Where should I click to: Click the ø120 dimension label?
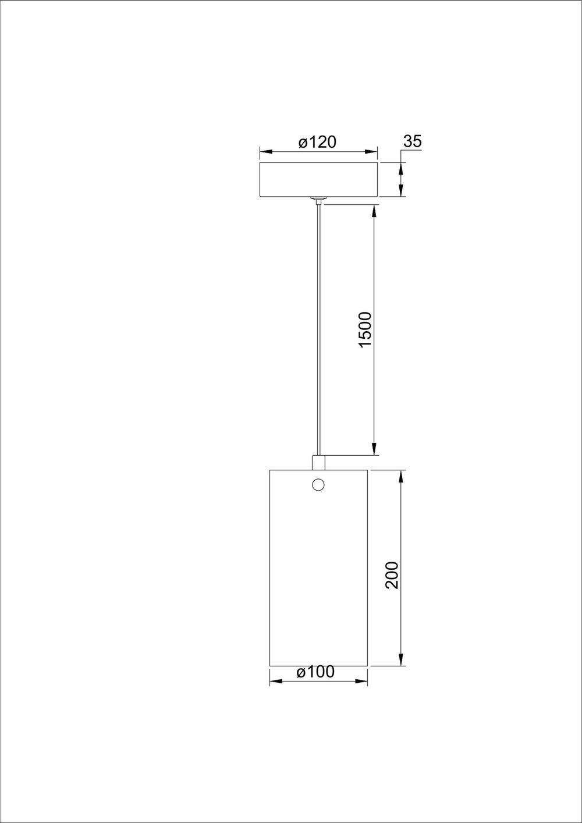pyautogui.click(x=317, y=142)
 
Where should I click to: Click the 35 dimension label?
pyautogui.click(x=412, y=141)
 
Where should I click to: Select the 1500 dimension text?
pyautogui.click(x=365, y=330)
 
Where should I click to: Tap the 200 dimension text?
pyautogui.click(x=393, y=575)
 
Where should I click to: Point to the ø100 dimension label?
pyautogui.click(x=315, y=672)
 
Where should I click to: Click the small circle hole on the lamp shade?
pyautogui.click(x=318, y=484)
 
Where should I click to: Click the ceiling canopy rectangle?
pyautogui.click(x=318, y=180)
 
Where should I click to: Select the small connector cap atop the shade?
pyautogui.click(x=318, y=462)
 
